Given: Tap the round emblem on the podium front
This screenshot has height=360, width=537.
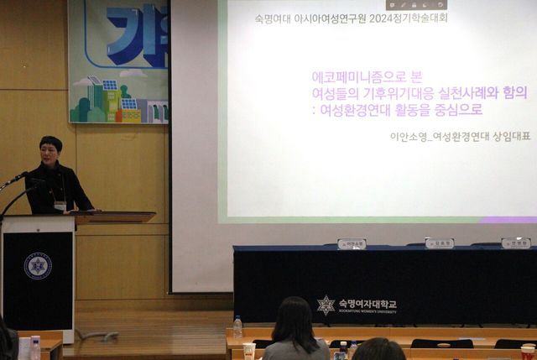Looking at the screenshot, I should tap(37, 266).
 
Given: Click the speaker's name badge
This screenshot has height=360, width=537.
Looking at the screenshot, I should tap(60, 204).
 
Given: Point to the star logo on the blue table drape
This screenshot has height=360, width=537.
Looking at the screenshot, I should tap(326, 305).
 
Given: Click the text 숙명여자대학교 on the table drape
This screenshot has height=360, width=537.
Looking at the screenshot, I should tap(368, 303).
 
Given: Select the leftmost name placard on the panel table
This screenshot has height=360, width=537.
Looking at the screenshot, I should tap(352, 243).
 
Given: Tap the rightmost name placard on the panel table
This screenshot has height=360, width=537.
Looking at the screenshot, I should tap(515, 243).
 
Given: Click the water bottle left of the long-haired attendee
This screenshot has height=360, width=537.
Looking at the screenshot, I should tap(237, 326).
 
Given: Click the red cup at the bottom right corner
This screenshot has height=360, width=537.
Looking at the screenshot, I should tap(528, 352).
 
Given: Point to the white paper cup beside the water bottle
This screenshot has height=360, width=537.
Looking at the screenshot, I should tap(248, 350).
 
